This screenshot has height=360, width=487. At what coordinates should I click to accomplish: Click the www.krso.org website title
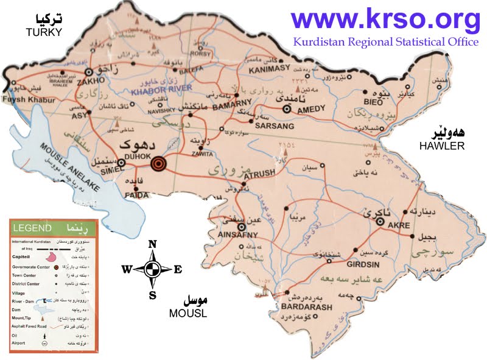pyautogui.click(x=385, y=20)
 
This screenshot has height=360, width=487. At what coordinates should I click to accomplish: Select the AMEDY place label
pyautogui.click(x=310, y=110)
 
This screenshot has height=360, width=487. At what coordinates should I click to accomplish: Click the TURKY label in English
pyautogui.click(x=44, y=32)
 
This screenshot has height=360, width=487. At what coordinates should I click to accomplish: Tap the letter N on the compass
pyautogui.click(x=153, y=244)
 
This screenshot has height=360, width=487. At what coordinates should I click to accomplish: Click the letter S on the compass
pyautogui.click(x=153, y=295)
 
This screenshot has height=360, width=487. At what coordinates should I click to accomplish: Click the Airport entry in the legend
pyautogui.click(x=22, y=344)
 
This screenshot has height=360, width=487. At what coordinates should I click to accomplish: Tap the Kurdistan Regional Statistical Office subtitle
pyautogui.click(x=386, y=42)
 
